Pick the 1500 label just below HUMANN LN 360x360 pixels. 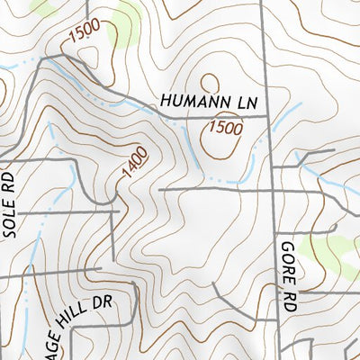click(x=225, y=129)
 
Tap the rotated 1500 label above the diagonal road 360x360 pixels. click(x=84, y=35)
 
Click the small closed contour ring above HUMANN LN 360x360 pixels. click(x=208, y=83)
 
